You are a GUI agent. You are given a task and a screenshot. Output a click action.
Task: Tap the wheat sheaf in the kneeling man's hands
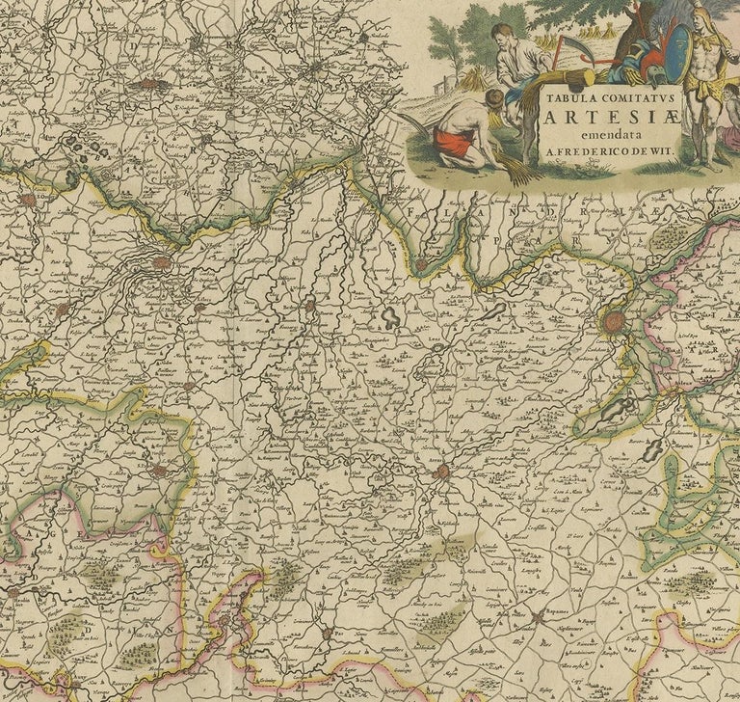pos(515,170)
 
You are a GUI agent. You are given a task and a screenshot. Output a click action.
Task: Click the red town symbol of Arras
pos(441,472)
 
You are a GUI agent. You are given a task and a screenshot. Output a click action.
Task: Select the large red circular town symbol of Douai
pos(614,321)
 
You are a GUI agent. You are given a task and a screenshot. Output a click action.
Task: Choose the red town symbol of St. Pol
pos(158,472)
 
